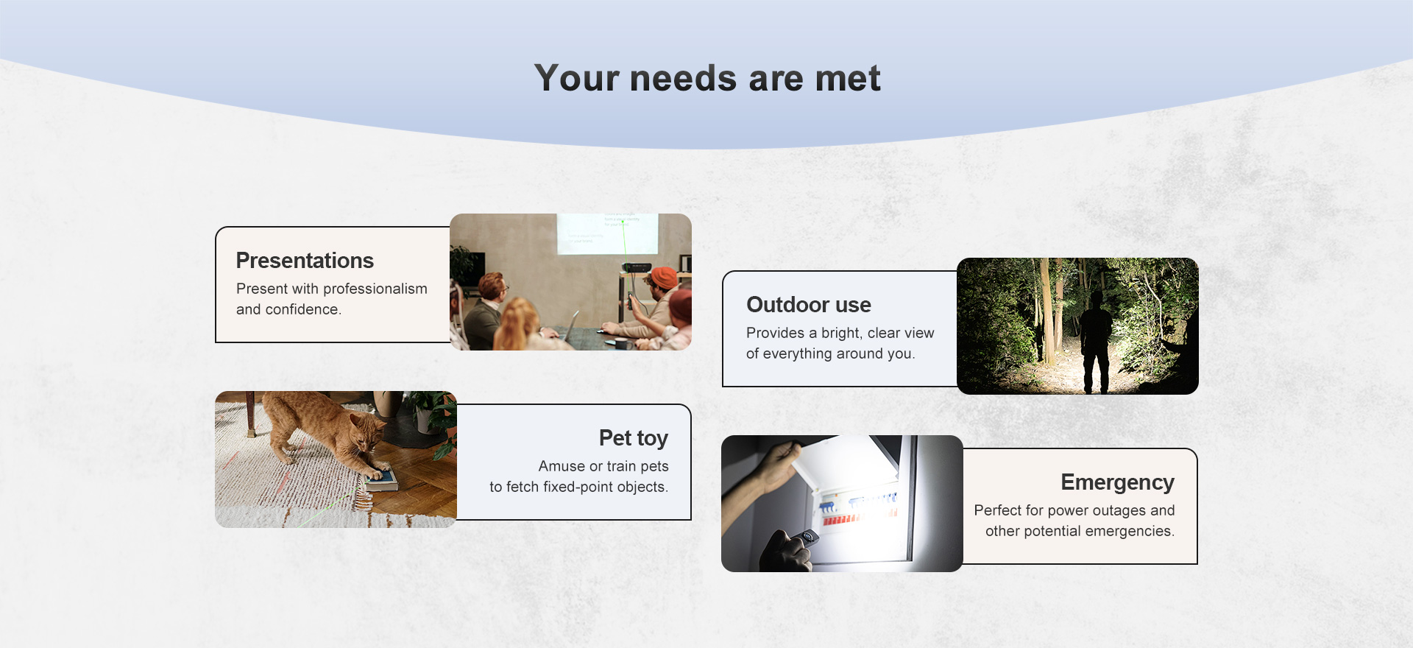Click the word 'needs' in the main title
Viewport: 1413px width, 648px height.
[683, 78]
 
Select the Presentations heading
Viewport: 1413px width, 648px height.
[305, 261]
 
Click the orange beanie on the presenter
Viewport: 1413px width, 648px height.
[665, 278]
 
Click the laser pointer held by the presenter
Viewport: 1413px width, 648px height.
[630, 300]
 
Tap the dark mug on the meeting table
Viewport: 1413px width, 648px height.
[621, 344]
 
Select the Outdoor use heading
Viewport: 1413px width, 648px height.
[809, 305]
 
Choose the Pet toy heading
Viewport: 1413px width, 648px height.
[634, 438]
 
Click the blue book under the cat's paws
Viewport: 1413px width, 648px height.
[382, 480]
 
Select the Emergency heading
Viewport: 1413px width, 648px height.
[1117, 482]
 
